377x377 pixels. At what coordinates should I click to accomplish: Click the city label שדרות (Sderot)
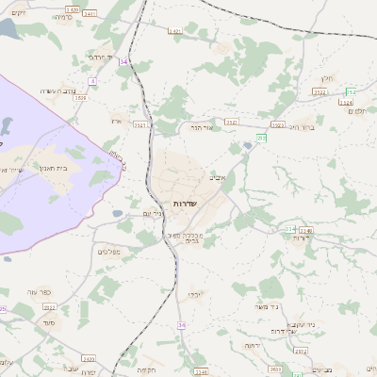click(184, 204)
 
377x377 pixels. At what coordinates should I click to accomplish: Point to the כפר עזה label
click(51, 292)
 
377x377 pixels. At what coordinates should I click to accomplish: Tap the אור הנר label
click(204, 125)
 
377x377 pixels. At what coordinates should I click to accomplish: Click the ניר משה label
click(268, 305)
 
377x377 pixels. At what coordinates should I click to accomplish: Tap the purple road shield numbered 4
click(90, 82)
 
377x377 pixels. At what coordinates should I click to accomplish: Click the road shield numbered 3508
click(80, 96)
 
